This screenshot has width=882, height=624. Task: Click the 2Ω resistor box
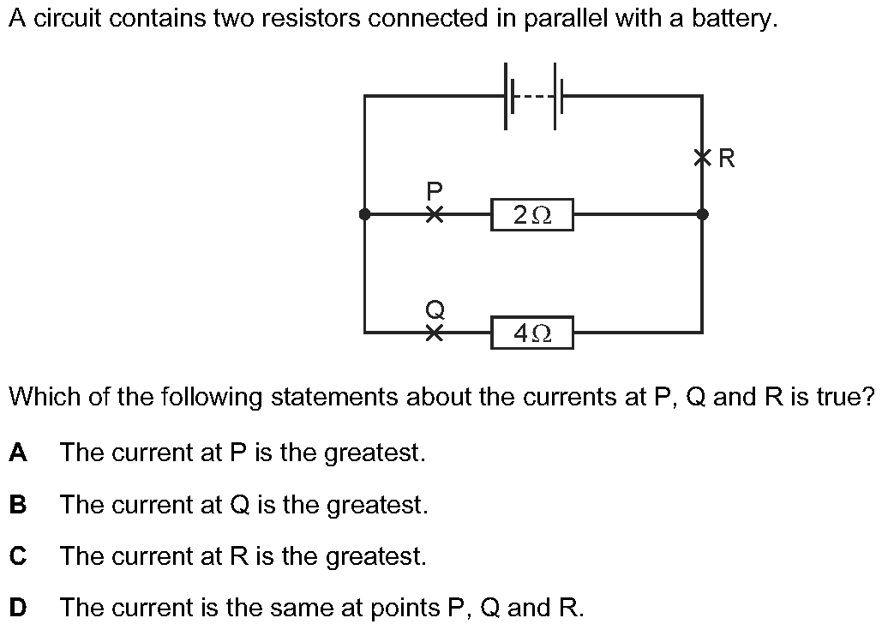point(531,215)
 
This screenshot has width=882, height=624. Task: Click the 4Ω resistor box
point(531,333)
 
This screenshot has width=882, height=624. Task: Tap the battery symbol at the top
point(532,96)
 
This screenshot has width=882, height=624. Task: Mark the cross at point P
point(435,214)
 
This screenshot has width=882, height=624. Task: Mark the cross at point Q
point(435,332)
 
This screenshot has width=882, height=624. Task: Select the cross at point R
point(703,158)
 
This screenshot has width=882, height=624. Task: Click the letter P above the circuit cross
point(435,189)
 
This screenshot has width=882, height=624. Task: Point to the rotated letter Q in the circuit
point(435,307)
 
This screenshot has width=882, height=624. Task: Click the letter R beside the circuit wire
point(727,159)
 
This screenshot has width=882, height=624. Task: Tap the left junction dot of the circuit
point(365,214)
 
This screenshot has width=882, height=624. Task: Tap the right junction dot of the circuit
point(703,214)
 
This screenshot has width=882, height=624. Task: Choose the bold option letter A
point(18,452)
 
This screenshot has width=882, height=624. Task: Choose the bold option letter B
point(18,504)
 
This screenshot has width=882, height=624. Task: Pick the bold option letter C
point(18,556)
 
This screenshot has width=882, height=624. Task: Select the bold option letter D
point(18,608)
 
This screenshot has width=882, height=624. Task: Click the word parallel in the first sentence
point(572,19)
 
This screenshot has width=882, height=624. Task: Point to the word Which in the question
point(40,397)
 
